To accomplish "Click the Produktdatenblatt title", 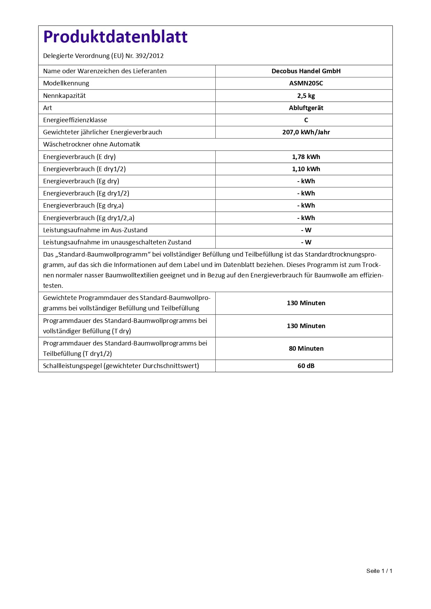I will pyautogui.click(x=115, y=37).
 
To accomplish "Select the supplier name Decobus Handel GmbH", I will pyautogui.click(x=306, y=71).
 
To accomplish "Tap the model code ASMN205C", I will pyautogui.click(x=306, y=83).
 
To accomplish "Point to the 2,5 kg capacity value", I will pyautogui.click(x=306, y=96).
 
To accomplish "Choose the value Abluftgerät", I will pyautogui.click(x=306, y=108).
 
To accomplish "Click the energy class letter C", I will pyautogui.click(x=306, y=120).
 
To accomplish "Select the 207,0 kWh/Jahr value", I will pyautogui.click(x=306, y=132).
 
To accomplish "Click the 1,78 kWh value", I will pyautogui.click(x=306, y=157).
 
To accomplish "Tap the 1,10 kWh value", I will pyautogui.click(x=306, y=169).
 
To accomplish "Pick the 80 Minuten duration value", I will pyautogui.click(x=306, y=349).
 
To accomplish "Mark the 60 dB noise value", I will pyautogui.click(x=306, y=366).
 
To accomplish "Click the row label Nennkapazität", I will pyautogui.click(x=64, y=96).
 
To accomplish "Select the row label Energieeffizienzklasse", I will pyautogui.click(x=75, y=120).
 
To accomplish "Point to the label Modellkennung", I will pyautogui.click(x=66, y=83).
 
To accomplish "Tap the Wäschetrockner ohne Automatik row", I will pyautogui.click(x=92, y=144).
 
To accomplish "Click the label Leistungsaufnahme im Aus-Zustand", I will pyautogui.click(x=95, y=230).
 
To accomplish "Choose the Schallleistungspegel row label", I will pyautogui.click(x=121, y=366).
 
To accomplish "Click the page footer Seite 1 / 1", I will pyautogui.click(x=379, y=571).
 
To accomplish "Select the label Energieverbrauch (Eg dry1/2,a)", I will pyautogui.click(x=89, y=218).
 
